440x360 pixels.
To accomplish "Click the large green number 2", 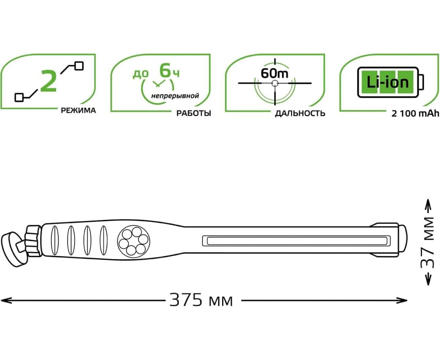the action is (48, 81).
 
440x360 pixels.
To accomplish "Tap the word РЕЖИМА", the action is (78, 110).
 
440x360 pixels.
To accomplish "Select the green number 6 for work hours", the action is (165, 71).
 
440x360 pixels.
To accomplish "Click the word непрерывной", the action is (175, 96).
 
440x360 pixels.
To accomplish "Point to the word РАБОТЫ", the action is (194, 113).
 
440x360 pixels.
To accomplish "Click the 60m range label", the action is (275, 73).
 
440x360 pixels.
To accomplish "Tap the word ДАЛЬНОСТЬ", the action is (300, 114).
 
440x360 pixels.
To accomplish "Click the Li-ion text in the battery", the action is (388, 82).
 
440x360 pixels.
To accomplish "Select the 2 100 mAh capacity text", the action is (415, 114).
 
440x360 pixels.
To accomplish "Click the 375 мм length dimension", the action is (201, 300).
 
